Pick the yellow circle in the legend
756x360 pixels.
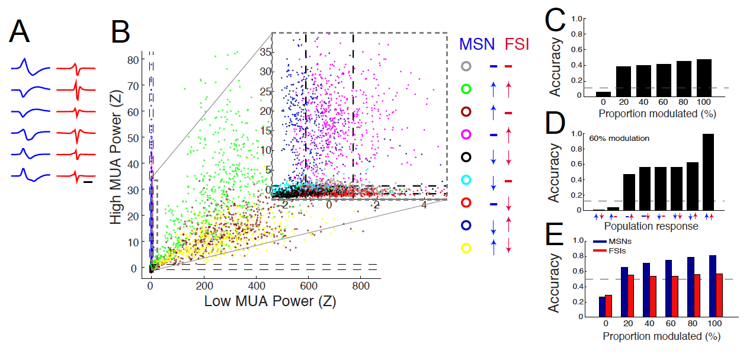pyautogui.click(x=466, y=248)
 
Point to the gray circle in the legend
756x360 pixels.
pyautogui.click(x=466, y=66)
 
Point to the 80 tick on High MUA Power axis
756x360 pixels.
pyautogui.click(x=137, y=59)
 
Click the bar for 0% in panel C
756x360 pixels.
pyautogui.click(x=603, y=94)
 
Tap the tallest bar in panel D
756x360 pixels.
pyautogui.click(x=708, y=172)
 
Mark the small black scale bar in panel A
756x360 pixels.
pyautogui.click(x=88, y=182)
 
